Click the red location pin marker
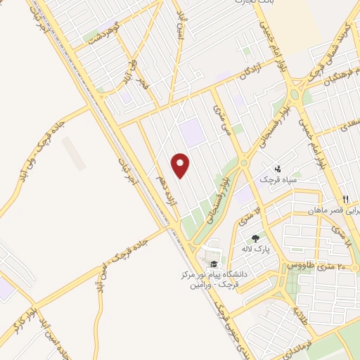[x=181, y=165]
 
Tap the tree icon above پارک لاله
[x=255, y=239]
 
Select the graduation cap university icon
[x=214, y=264]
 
